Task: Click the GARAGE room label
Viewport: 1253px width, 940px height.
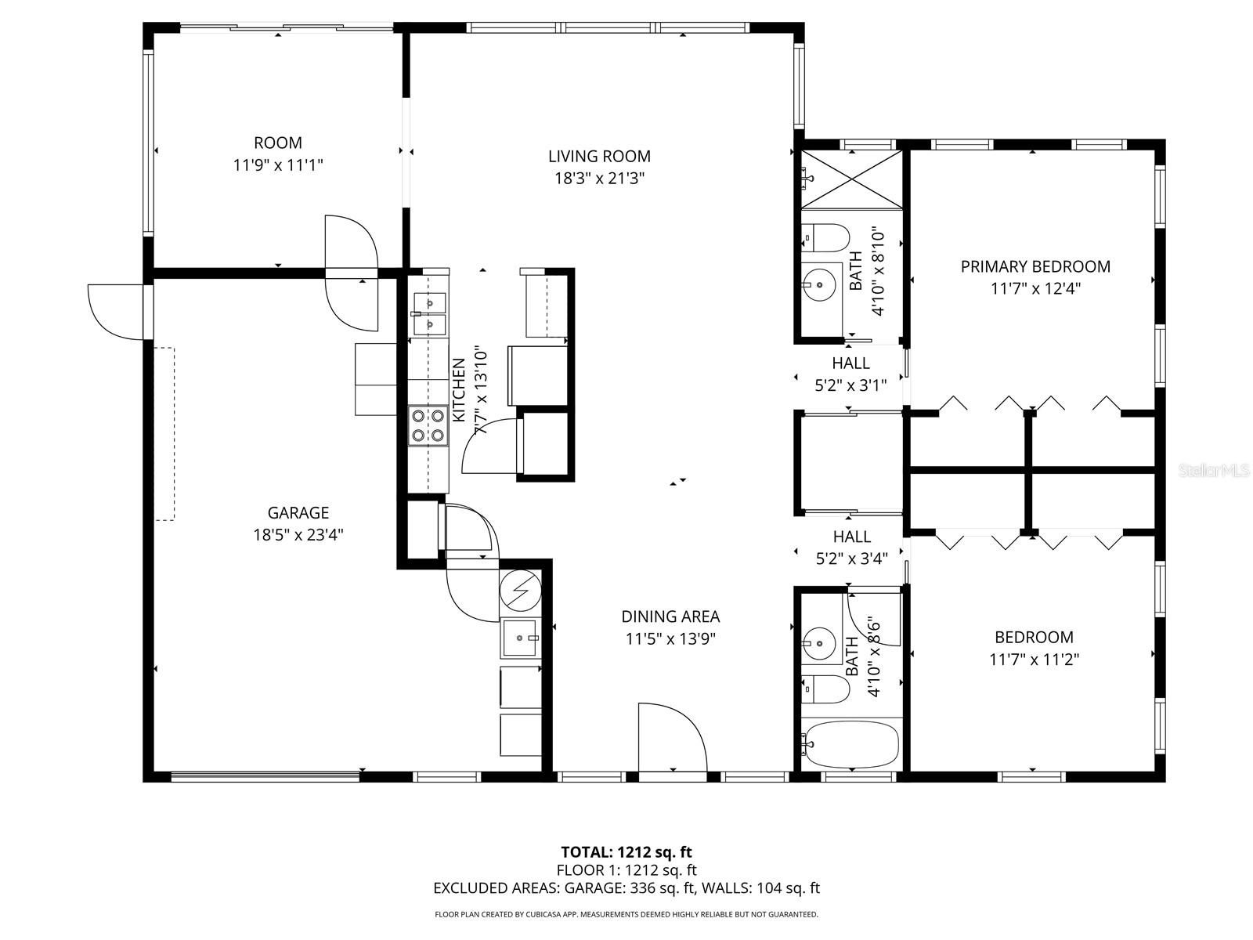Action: tap(298, 513)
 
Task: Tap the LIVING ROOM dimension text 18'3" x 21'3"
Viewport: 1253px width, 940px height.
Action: tap(600, 179)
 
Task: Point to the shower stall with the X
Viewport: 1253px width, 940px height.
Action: tap(851, 179)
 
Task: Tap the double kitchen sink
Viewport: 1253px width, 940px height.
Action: tap(428, 313)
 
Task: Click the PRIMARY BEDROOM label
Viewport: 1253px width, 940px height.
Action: tap(1035, 266)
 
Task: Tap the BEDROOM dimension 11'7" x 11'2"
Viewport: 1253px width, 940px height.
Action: tap(1034, 660)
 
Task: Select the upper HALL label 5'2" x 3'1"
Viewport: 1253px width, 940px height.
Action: tap(850, 374)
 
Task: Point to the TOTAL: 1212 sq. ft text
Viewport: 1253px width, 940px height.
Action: tap(626, 852)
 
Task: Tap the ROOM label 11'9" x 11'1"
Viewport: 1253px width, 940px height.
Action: tap(278, 154)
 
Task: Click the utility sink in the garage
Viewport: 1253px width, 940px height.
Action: tap(519, 639)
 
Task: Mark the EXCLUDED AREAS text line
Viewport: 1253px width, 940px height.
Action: tap(626, 888)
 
